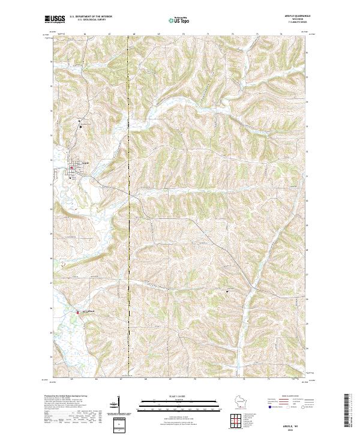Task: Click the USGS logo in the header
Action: (x=55, y=19)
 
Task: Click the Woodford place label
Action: (x=86, y=311)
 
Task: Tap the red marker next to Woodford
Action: (x=77, y=312)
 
